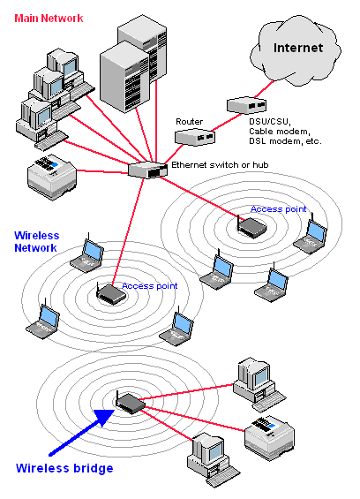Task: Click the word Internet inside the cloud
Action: [x=298, y=48]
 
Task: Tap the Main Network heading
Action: [x=49, y=19]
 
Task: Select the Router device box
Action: [x=195, y=137]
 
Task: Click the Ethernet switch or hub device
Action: [x=147, y=170]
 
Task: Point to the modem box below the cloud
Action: [x=246, y=105]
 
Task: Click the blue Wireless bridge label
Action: [x=64, y=468]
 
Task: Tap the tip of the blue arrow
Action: [x=114, y=410]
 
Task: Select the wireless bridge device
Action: [x=130, y=403]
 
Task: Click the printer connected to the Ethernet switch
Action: [x=52, y=177]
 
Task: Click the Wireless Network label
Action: [x=36, y=241]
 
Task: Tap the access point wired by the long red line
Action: [x=110, y=294]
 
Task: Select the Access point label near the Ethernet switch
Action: [x=278, y=209]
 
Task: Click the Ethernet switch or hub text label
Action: [x=220, y=165]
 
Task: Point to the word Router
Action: [x=189, y=122]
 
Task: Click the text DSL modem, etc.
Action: [x=285, y=140]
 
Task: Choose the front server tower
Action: [x=124, y=77]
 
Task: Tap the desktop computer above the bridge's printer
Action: [x=259, y=384]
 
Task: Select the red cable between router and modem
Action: [x=228, y=122]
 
